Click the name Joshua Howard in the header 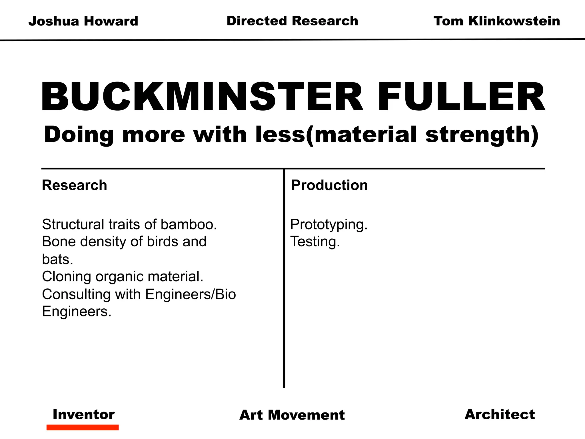point(83,21)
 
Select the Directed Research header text point(292,21)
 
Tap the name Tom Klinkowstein point(496,21)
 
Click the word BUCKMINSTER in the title point(202,97)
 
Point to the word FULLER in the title point(461,97)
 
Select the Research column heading point(75,185)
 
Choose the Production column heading point(329,185)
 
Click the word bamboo point(189,224)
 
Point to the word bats point(57,259)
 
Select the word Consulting point(76,294)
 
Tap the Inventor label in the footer point(84,414)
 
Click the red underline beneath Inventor point(83,428)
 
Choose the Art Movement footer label point(292,415)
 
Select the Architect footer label point(500,414)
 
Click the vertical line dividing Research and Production point(284,286)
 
